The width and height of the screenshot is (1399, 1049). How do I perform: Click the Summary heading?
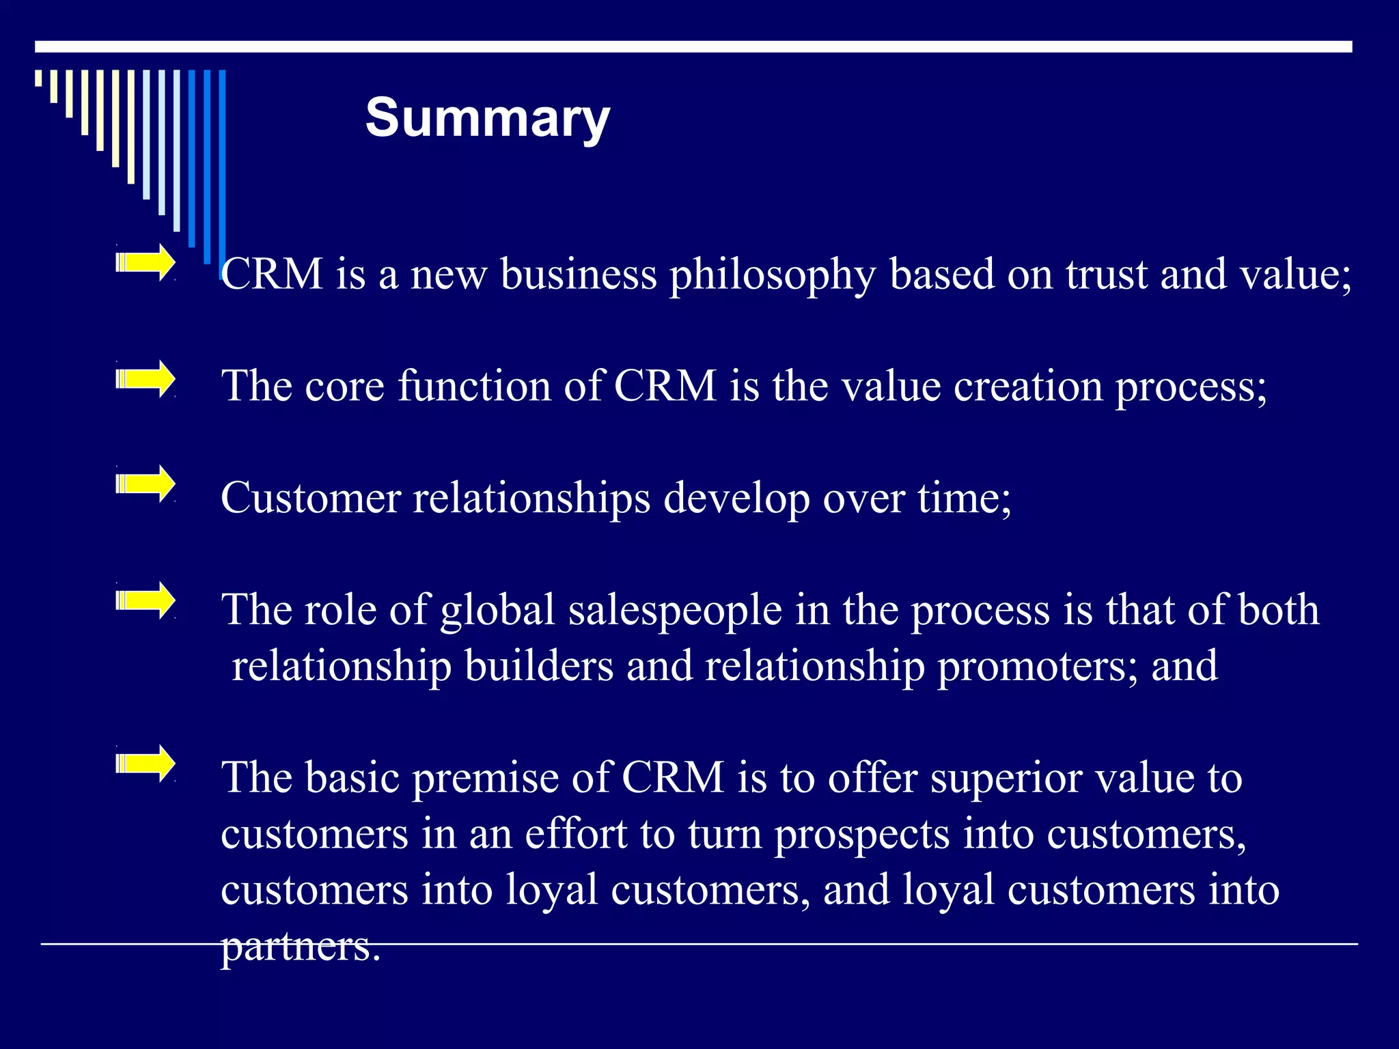pos(487,118)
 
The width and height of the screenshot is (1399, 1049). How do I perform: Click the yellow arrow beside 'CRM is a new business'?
pos(146,262)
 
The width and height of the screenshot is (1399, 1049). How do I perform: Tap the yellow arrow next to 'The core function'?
pos(146,378)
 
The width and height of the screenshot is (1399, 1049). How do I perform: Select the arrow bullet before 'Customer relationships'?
pos(146,484)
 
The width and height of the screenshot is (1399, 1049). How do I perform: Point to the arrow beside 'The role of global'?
pos(146,600)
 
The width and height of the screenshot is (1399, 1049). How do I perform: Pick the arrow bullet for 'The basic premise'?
pos(146,763)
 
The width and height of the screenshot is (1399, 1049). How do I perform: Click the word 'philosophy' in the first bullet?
pos(772,275)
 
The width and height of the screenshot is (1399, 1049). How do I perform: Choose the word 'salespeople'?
pos(675,610)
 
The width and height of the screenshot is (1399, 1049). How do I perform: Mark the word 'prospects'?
pos(861,835)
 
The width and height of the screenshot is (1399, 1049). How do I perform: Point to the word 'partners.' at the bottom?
pos(301,947)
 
